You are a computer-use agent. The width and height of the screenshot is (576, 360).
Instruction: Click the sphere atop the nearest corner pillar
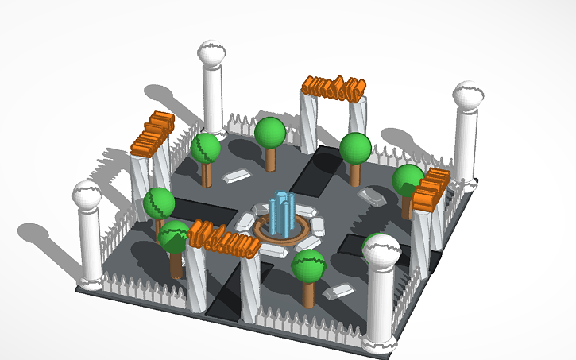(x=381, y=251)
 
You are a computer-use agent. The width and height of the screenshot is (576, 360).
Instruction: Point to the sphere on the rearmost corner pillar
(x=212, y=55)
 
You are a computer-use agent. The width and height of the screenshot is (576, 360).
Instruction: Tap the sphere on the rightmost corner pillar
(x=468, y=97)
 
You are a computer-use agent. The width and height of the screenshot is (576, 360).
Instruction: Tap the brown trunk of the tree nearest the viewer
(x=308, y=294)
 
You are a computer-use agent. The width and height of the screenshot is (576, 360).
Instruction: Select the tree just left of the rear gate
(x=270, y=134)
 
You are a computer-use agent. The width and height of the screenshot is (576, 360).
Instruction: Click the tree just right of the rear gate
(x=355, y=149)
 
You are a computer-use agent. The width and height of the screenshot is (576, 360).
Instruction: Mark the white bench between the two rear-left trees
(x=237, y=176)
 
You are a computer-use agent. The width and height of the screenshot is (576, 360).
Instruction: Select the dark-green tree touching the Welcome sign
(x=173, y=238)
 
